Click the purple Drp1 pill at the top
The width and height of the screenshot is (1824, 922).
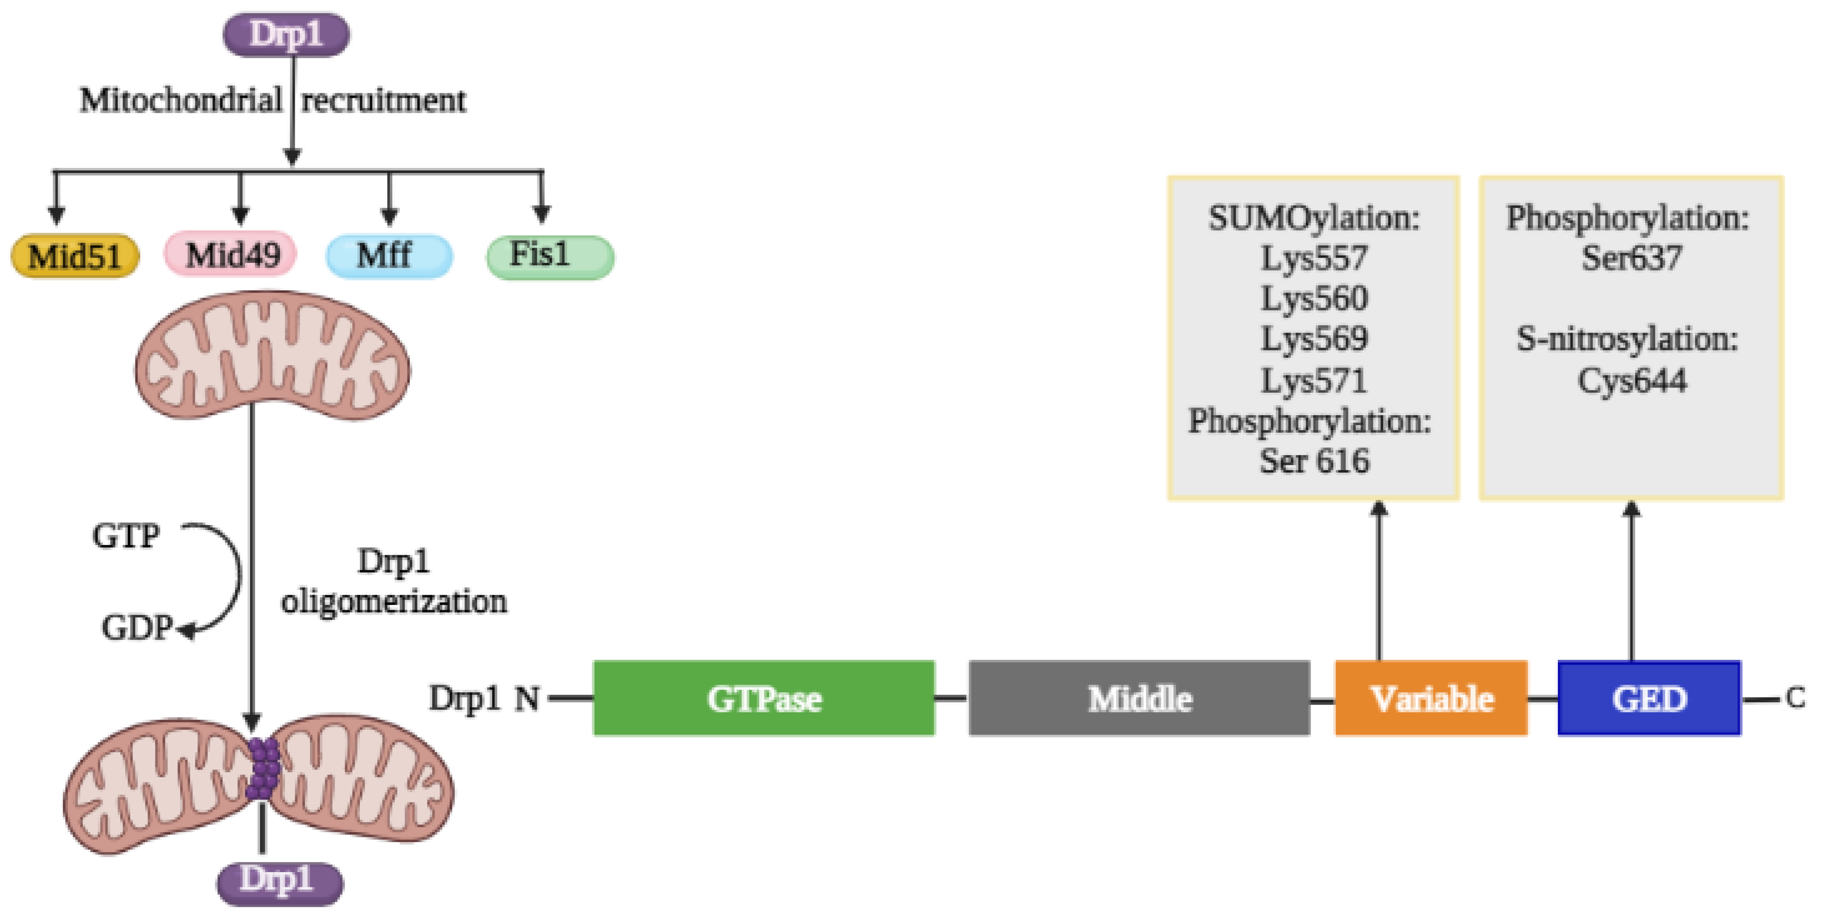[x=286, y=34]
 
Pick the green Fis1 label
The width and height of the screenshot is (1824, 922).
[x=550, y=256]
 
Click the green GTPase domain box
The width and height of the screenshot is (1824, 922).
[x=763, y=698]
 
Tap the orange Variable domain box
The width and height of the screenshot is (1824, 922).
[x=1431, y=698]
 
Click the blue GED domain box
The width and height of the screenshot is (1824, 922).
[x=1649, y=698]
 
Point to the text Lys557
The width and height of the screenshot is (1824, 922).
[x=1314, y=258]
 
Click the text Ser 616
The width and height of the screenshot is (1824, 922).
[x=1314, y=461]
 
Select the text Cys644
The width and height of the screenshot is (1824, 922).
[x=1631, y=381]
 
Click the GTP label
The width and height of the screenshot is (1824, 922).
[x=126, y=535]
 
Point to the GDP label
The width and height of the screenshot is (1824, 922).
[x=136, y=627]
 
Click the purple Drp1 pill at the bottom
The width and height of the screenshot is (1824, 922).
[x=280, y=883]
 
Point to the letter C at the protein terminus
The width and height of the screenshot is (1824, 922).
[x=1795, y=698]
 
